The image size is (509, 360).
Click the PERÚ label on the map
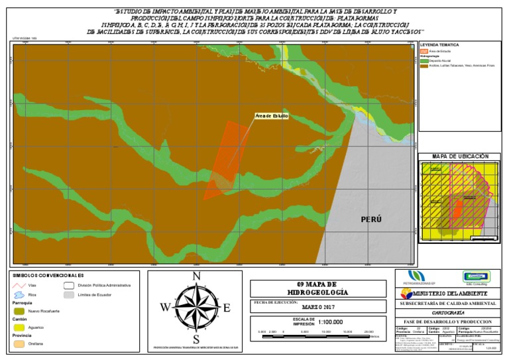click(371, 219)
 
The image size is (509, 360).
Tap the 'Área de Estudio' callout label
click(272, 116)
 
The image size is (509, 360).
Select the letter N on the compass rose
click(196, 277)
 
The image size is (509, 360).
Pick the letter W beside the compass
click(165, 307)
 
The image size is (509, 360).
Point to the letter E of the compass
click(227, 307)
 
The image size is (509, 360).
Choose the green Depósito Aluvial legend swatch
click(424, 60)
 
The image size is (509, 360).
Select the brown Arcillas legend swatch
click(424, 65)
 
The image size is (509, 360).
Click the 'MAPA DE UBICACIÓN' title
click(460, 156)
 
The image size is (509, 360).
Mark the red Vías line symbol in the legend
click(20, 285)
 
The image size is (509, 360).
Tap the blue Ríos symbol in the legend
click(20, 294)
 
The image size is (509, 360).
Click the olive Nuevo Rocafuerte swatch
click(20, 310)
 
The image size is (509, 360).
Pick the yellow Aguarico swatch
click(20, 327)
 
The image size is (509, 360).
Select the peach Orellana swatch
click(20, 343)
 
